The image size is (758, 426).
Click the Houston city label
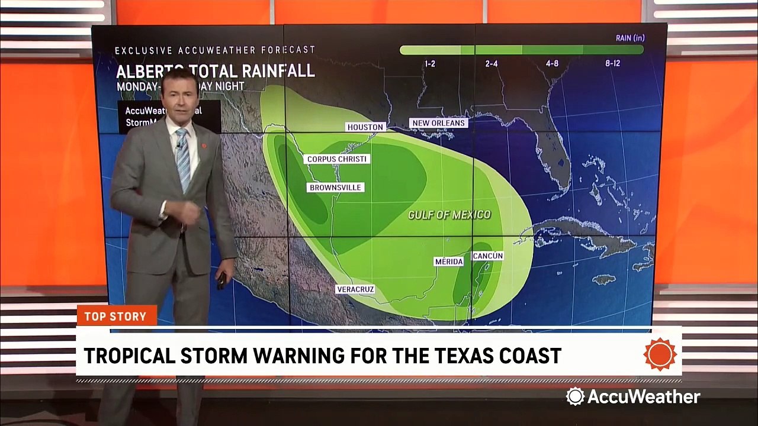365,127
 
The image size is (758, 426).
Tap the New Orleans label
439,123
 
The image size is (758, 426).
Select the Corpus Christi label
337,159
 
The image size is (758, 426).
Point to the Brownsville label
335,188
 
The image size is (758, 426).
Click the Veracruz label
355,289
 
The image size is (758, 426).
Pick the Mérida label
449,262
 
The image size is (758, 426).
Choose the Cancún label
488,256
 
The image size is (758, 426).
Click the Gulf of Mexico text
449,215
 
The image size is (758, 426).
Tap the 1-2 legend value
430,64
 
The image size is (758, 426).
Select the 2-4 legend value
491,64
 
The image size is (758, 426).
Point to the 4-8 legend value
552,64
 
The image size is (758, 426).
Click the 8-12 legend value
612,64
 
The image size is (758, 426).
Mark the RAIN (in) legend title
629,38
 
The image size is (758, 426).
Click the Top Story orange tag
116,316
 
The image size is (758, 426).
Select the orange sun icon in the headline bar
660,355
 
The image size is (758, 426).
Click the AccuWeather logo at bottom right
633,396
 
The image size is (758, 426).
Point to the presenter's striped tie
184,159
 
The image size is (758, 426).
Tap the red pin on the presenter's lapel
204,145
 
